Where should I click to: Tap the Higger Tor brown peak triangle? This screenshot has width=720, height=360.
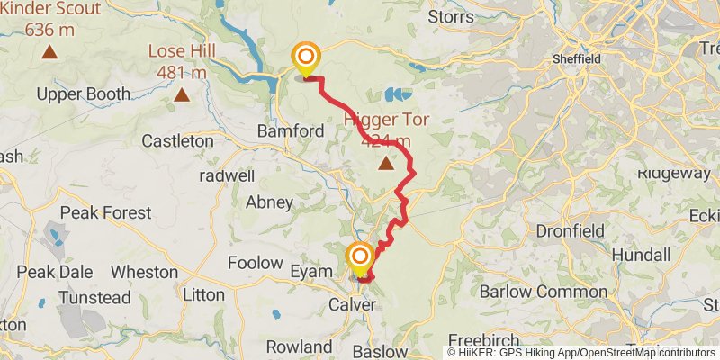[x=387, y=164]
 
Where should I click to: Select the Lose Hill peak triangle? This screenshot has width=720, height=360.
[x=182, y=94]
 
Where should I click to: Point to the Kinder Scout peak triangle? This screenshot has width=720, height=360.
[x=49, y=52]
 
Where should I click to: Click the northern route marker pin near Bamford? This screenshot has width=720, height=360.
[x=306, y=59]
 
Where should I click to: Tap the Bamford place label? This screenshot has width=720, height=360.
[x=290, y=131]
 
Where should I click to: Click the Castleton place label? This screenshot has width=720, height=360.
[x=178, y=141]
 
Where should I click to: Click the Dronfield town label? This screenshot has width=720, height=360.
[x=570, y=230]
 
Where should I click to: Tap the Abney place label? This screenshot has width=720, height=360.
[x=269, y=202]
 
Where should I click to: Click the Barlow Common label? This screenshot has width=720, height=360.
[x=532, y=292]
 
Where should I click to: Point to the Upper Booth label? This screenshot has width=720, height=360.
[x=84, y=94]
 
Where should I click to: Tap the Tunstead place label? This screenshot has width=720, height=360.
[x=94, y=297]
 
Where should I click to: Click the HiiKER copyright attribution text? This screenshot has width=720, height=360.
[x=581, y=352]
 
